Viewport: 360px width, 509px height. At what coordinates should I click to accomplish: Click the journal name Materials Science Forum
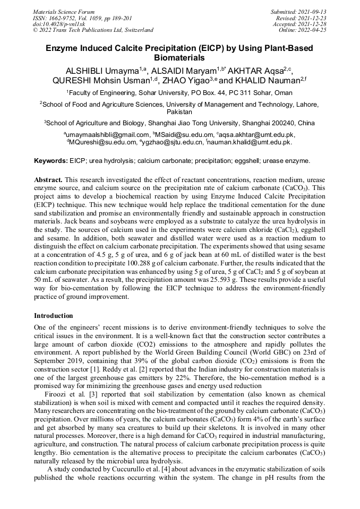pyautogui.click(x=64, y=12)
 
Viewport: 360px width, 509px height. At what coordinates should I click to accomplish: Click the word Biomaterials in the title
pyautogui.click(x=179, y=57)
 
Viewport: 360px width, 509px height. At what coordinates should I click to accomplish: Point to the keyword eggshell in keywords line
pyautogui.click(x=244, y=160)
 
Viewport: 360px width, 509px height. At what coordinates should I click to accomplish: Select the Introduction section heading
pyautogui.click(x=54, y=316)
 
